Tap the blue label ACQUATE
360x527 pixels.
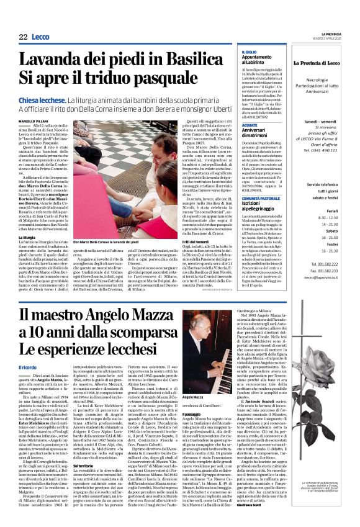coord(250,124)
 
